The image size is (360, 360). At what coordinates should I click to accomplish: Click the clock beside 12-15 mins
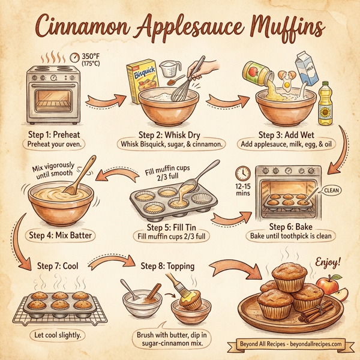tap(243, 173)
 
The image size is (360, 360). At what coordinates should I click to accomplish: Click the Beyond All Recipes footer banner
tap(287, 344)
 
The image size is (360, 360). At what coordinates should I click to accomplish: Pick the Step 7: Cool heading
tap(61, 265)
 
